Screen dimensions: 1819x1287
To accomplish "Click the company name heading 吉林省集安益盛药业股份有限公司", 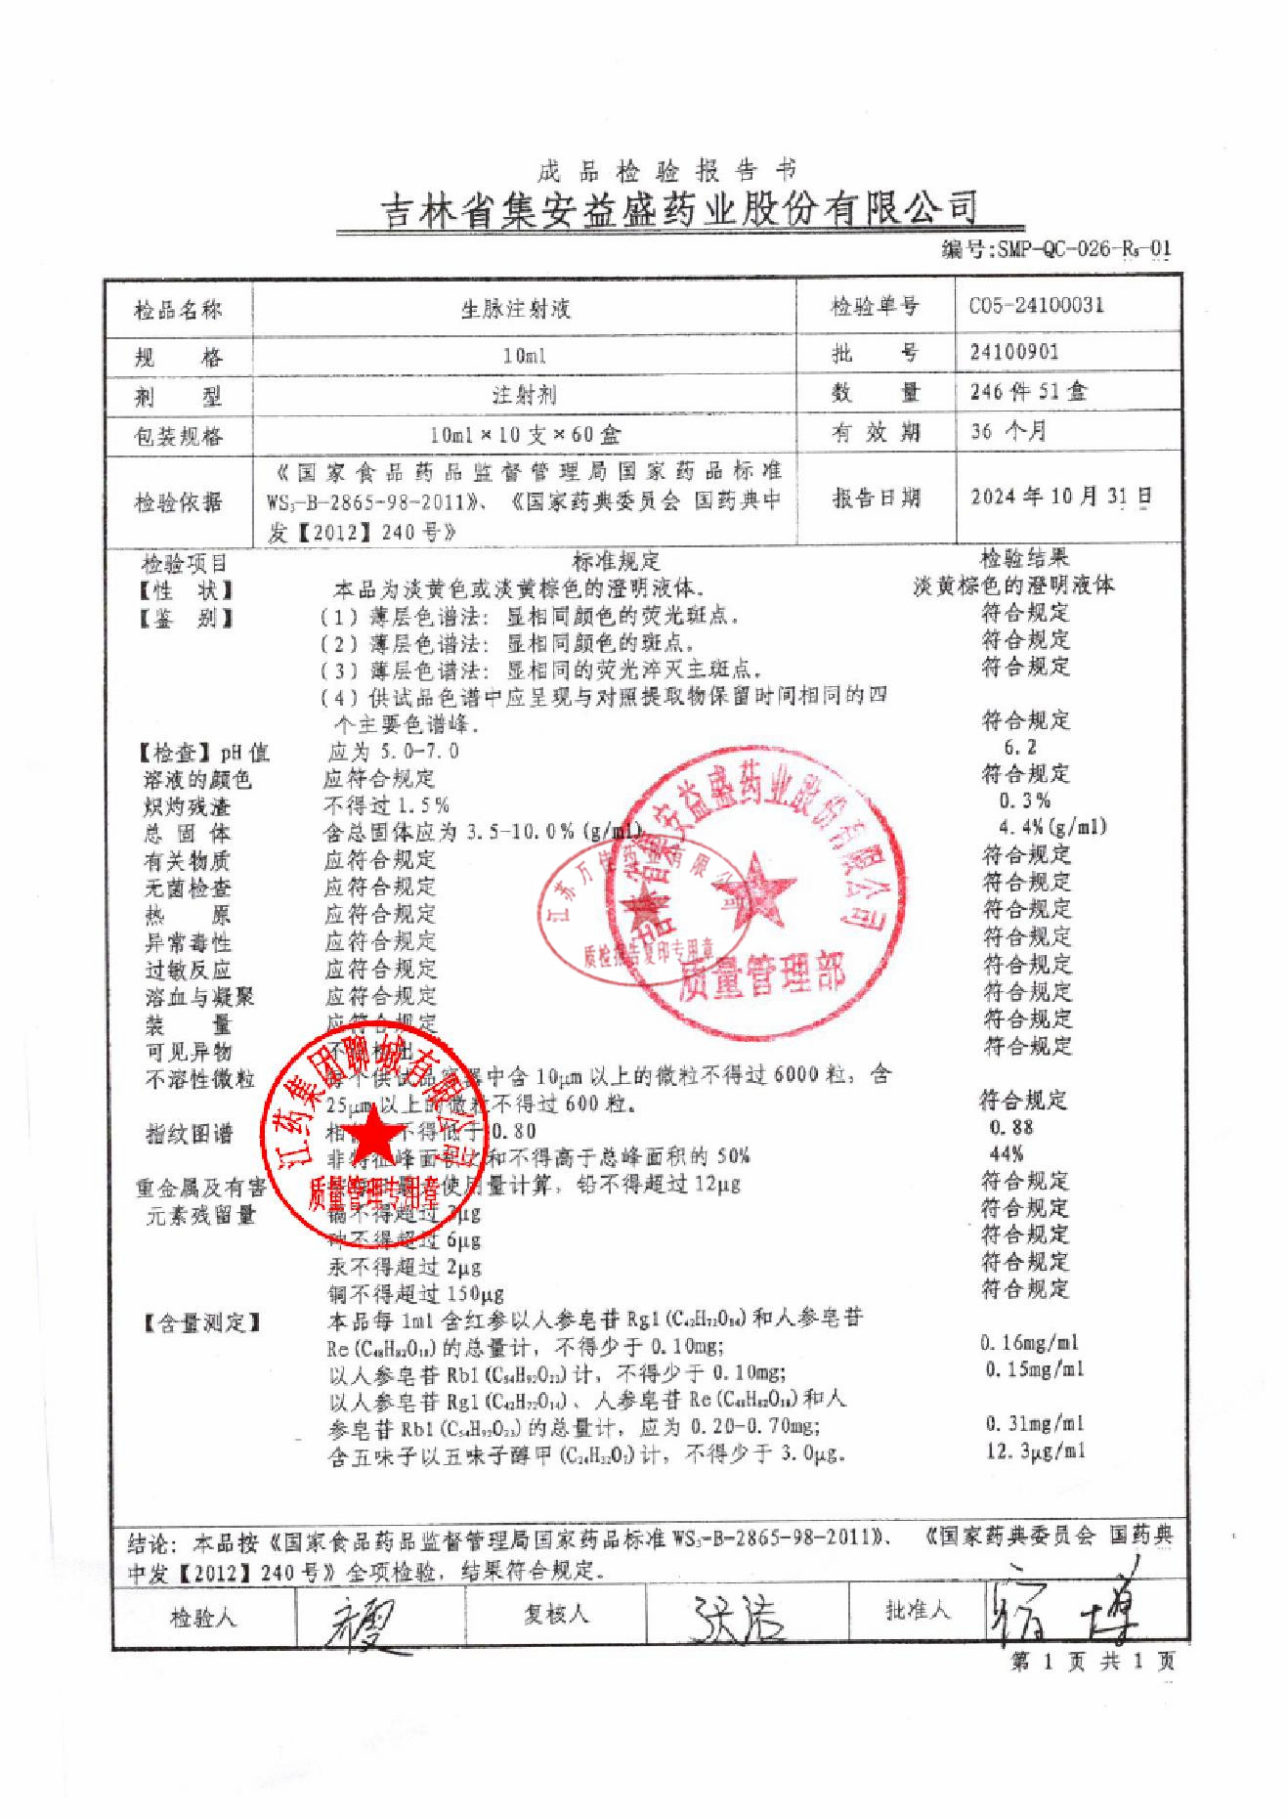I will coord(678,209).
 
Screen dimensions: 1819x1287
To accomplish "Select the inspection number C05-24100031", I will coord(1036,305).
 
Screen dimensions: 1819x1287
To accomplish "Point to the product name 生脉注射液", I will coord(515,309).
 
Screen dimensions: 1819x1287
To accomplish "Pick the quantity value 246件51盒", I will coord(1028,392).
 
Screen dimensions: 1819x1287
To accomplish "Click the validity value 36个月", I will coord(1008,431).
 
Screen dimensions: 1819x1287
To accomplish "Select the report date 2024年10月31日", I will coord(1060,497).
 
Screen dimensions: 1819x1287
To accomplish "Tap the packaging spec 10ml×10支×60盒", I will coord(525,435).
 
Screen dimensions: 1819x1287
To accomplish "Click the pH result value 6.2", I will coord(1020,748).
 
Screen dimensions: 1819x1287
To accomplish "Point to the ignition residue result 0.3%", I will coord(1024,801).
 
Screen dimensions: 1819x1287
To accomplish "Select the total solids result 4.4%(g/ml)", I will coord(1051,827).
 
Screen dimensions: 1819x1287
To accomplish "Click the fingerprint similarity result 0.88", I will coord(1011,1127).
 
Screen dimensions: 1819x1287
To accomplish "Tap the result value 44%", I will coord(1007,1153).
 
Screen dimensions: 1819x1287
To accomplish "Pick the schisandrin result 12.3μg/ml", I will coord(1035,1451).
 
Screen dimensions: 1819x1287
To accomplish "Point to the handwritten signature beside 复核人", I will coord(738,1619).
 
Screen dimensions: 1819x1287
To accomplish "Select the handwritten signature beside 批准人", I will coord(1062,1613).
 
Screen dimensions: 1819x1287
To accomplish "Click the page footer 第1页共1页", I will coord(1092,1662).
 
